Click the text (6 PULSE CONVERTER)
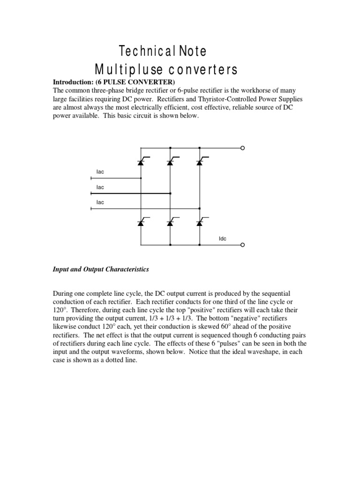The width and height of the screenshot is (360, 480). tap(135, 82)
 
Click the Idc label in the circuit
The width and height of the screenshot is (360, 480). tap(223, 239)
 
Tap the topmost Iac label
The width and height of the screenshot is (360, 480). tap(100, 172)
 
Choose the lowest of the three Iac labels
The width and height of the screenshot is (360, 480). tap(100, 202)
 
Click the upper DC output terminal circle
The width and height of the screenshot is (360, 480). tap(242, 148)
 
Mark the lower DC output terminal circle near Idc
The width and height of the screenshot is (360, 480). tap(242, 245)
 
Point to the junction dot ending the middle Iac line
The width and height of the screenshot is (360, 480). tap(170, 193)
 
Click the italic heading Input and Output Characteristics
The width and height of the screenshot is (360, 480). tap(100, 270)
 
